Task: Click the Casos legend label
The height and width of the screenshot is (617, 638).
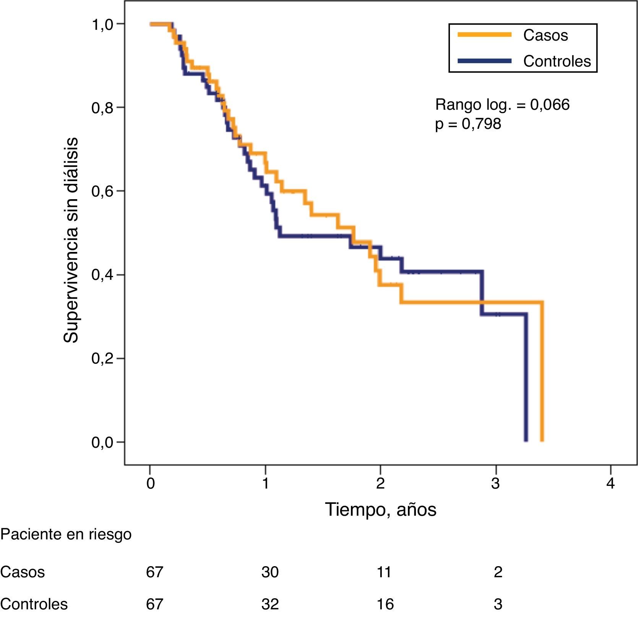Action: click(x=545, y=36)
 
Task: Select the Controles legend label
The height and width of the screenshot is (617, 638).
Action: click(x=557, y=61)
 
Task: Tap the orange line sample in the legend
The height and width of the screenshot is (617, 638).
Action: click(x=484, y=35)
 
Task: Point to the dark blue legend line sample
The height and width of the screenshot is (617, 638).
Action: click(x=484, y=61)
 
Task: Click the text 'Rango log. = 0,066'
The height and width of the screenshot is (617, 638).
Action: click(x=502, y=104)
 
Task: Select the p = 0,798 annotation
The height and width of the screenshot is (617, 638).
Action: click(x=468, y=124)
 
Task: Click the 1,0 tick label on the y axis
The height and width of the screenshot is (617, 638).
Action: click(x=102, y=25)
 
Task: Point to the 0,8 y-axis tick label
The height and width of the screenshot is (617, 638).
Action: click(x=102, y=108)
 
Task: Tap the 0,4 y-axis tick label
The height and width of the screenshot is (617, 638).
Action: click(x=102, y=275)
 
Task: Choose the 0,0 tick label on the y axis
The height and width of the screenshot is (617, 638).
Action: click(x=102, y=442)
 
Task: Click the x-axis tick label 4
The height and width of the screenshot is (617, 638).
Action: click(x=610, y=484)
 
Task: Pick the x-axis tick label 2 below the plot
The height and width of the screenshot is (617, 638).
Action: click(x=380, y=484)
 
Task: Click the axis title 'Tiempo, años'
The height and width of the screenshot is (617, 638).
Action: click(x=380, y=510)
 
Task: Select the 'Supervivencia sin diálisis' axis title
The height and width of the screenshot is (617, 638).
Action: click(x=71, y=240)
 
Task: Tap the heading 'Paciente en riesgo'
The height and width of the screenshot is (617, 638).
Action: click(x=66, y=534)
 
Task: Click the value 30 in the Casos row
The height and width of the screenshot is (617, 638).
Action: click(x=270, y=572)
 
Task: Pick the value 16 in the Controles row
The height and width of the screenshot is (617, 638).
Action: click(x=385, y=604)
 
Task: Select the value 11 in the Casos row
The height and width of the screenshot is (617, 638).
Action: click(x=384, y=572)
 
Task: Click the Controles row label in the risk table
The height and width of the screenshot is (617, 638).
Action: click(x=34, y=604)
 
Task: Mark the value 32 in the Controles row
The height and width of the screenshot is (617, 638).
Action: click(x=270, y=604)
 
